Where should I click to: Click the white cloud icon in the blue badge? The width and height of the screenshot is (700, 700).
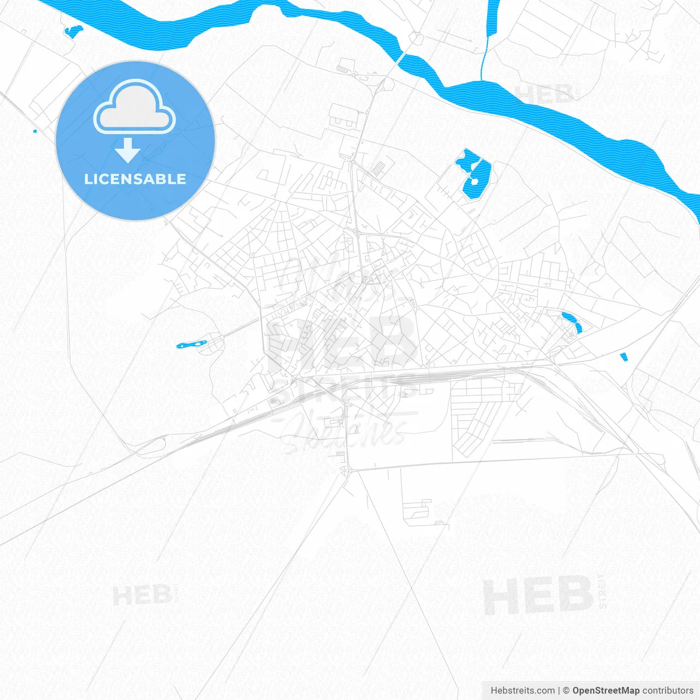tap(135, 108)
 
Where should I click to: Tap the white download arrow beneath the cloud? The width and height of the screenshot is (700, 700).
tap(128, 150)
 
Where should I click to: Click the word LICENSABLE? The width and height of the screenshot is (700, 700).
tap(135, 179)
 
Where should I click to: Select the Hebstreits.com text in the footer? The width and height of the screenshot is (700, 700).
tap(522, 691)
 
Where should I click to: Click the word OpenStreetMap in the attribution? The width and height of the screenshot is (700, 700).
tap(605, 691)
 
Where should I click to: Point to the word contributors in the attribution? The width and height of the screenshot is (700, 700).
tap(668, 691)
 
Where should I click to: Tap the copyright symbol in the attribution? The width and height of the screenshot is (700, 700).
tap(566, 691)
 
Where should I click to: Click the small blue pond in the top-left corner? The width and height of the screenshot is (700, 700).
tap(73, 31)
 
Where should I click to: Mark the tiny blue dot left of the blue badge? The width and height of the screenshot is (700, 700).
tap(35, 131)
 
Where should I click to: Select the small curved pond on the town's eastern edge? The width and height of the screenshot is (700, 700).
tap(573, 322)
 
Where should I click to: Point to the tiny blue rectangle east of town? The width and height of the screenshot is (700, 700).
tap(623, 357)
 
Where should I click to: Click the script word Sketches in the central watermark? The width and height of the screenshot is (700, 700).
tap(345, 429)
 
